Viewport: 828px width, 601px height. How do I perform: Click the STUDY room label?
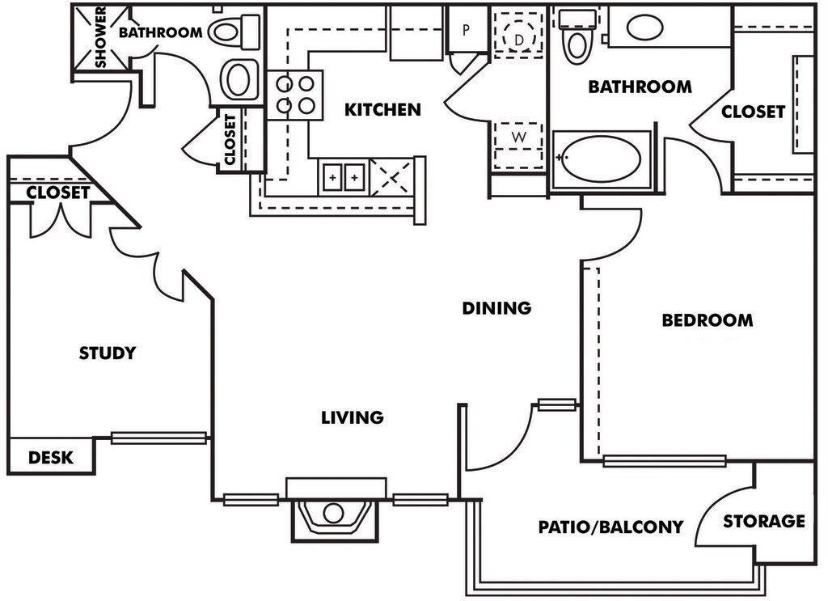(108, 353)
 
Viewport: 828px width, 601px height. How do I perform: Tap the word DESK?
(51, 458)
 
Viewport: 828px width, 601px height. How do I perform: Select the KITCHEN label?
(382, 109)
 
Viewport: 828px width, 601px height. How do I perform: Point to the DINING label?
(496, 308)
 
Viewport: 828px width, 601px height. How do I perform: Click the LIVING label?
(352, 418)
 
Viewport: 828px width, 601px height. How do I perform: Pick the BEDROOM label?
(707, 320)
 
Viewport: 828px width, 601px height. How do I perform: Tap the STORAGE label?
(764, 521)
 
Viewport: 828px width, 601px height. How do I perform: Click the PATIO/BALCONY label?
(610, 527)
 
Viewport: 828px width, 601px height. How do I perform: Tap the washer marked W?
(518, 137)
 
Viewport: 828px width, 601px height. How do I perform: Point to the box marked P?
(467, 31)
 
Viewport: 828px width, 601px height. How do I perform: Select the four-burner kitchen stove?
(295, 94)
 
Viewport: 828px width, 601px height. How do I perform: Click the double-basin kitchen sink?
(343, 176)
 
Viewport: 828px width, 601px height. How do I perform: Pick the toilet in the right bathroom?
(577, 36)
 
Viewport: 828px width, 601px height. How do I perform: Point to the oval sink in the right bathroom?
(644, 28)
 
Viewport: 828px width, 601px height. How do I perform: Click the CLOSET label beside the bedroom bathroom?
(753, 112)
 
